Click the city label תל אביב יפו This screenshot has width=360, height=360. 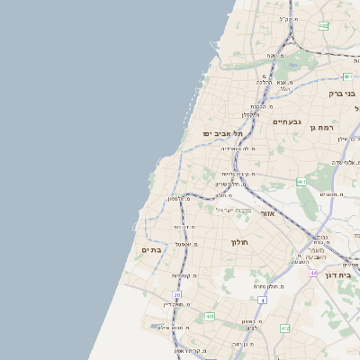coord(219,133)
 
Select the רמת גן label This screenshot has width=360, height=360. coord(323,104)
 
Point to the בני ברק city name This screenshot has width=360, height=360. coord(339,92)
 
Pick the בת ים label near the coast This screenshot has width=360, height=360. coord(151,249)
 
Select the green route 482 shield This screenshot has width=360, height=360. coord(323,26)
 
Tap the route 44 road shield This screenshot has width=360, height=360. coord(313,272)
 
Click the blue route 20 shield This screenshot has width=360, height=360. coord(178,294)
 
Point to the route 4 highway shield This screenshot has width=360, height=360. coord(262,299)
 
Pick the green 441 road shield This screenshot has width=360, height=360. coord(210,317)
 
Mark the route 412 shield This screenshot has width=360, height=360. coord(285,328)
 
